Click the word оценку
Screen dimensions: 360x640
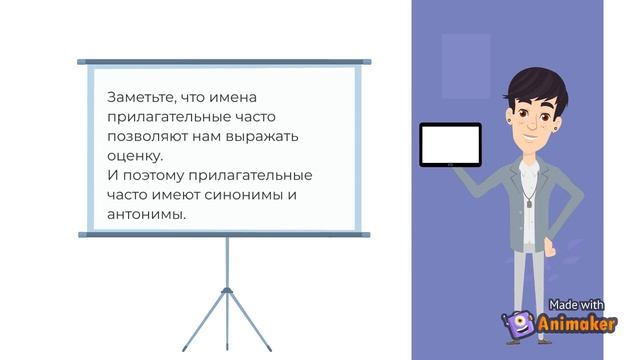132,155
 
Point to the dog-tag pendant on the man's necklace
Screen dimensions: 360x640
527,203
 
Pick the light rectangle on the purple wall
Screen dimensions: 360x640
466,66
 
